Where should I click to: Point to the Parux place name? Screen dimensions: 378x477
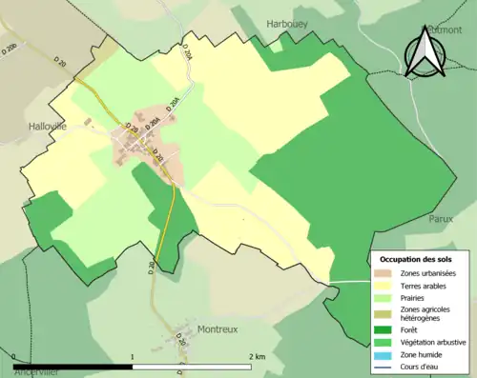click(441, 218)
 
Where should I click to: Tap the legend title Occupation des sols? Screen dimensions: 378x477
click(416, 259)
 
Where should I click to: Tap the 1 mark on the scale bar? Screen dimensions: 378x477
click(132, 356)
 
